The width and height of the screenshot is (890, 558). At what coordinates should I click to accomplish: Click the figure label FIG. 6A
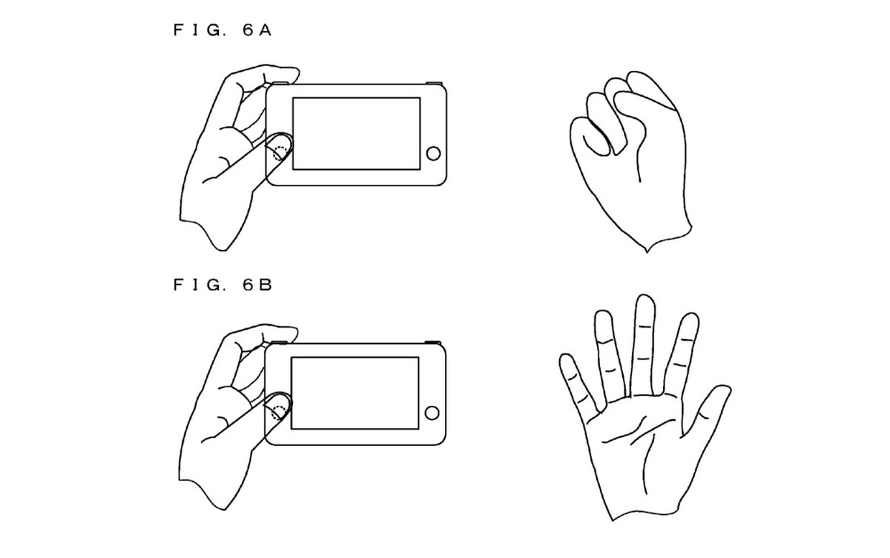[222, 30]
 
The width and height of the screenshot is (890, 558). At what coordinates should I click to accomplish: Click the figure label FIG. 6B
[222, 285]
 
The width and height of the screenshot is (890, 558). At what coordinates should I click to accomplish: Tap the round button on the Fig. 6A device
[433, 154]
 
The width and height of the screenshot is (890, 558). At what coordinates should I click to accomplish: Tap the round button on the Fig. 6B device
[432, 413]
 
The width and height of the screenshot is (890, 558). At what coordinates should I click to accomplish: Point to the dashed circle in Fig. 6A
[280, 154]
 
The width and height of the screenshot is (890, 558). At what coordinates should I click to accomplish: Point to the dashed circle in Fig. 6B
[279, 413]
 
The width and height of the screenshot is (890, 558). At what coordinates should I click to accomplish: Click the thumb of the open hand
[708, 410]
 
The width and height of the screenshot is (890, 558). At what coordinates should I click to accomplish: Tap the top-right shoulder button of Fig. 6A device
[435, 83]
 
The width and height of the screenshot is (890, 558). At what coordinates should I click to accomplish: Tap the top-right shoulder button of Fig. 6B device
[432, 342]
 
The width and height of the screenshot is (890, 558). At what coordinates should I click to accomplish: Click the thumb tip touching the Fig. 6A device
[281, 144]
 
